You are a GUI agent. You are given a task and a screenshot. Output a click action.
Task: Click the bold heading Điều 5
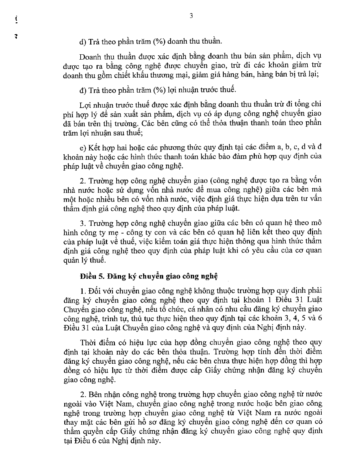click(x=90, y=276)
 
